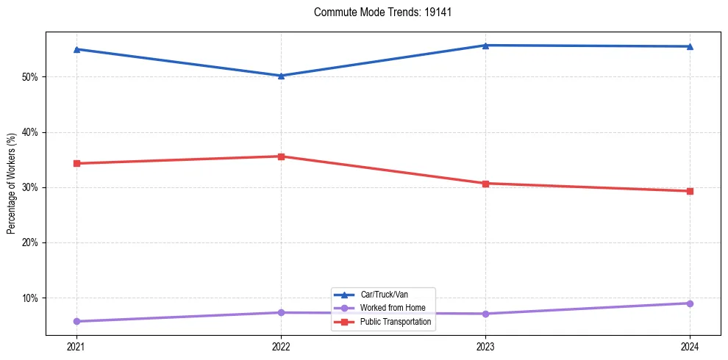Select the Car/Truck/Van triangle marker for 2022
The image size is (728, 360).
point(281,76)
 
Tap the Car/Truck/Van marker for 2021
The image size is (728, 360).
point(76,49)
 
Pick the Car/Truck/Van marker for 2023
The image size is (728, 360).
point(485,46)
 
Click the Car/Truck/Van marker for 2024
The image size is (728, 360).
point(690,46)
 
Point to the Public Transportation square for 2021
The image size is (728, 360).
point(76,163)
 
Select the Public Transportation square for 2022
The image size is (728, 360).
point(281,156)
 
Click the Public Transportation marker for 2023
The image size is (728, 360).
point(485,184)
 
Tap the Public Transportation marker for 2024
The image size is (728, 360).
point(690,191)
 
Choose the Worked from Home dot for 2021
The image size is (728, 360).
point(76,321)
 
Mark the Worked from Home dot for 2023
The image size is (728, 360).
point(485,314)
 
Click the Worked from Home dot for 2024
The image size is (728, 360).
point(690,303)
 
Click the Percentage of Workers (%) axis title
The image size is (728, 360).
point(11,184)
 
